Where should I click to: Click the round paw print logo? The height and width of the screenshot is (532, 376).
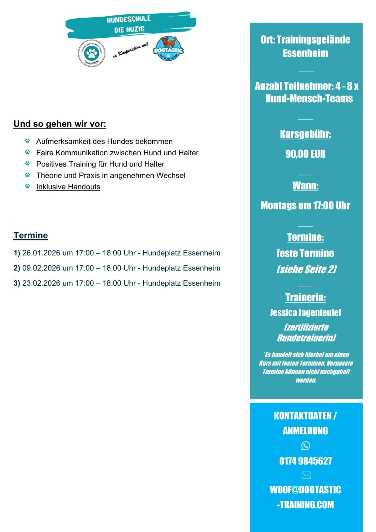pyautogui.click(x=91, y=53)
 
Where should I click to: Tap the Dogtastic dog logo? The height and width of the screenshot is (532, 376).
pyautogui.click(x=169, y=49)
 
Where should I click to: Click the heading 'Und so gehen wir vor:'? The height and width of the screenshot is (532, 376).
pyautogui.click(x=60, y=124)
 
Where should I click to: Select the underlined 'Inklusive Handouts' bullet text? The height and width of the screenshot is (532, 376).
pyautogui.click(x=68, y=187)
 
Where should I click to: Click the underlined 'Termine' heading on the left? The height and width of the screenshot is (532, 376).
pyautogui.click(x=31, y=235)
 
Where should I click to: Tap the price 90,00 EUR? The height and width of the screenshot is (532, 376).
pyautogui.click(x=306, y=154)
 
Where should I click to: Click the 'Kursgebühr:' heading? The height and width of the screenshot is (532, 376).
pyautogui.click(x=306, y=134)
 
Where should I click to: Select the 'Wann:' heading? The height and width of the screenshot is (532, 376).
pyautogui.click(x=306, y=186)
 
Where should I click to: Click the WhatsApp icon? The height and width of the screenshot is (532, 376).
pyautogui.click(x=306, y=446)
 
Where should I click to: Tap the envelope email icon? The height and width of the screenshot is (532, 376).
pyautogui.click(x=306, y=475)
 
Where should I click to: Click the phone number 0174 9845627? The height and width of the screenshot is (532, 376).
pyautogui.click(x=306, y=461)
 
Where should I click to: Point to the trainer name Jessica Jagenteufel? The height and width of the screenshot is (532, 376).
pyautogui.click(x=306, y=313)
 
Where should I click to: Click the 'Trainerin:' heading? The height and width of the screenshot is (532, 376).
pyautogui.click(x=306, y=297)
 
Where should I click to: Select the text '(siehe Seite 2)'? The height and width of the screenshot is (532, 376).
pyautogui.click(x=306, y=269)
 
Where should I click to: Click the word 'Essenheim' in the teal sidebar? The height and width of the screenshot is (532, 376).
pyautogui.click(x=306, y=53)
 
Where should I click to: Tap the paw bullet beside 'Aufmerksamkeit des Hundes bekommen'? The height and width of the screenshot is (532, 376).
pyautogui.click(x=28, y=141)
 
